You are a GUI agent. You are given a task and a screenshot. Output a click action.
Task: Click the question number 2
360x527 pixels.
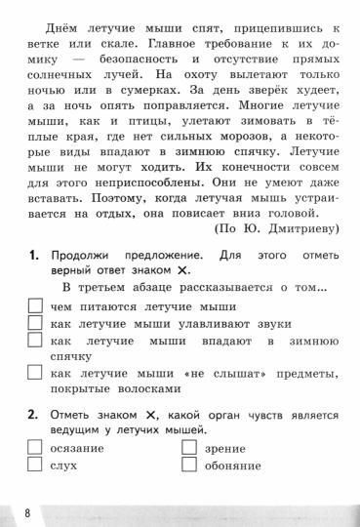click(x=33, y=415)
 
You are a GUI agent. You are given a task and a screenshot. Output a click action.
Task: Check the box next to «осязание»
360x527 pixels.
click(x=34, y=448)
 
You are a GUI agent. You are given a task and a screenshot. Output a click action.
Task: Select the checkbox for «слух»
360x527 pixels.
click(x=34, y=466)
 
